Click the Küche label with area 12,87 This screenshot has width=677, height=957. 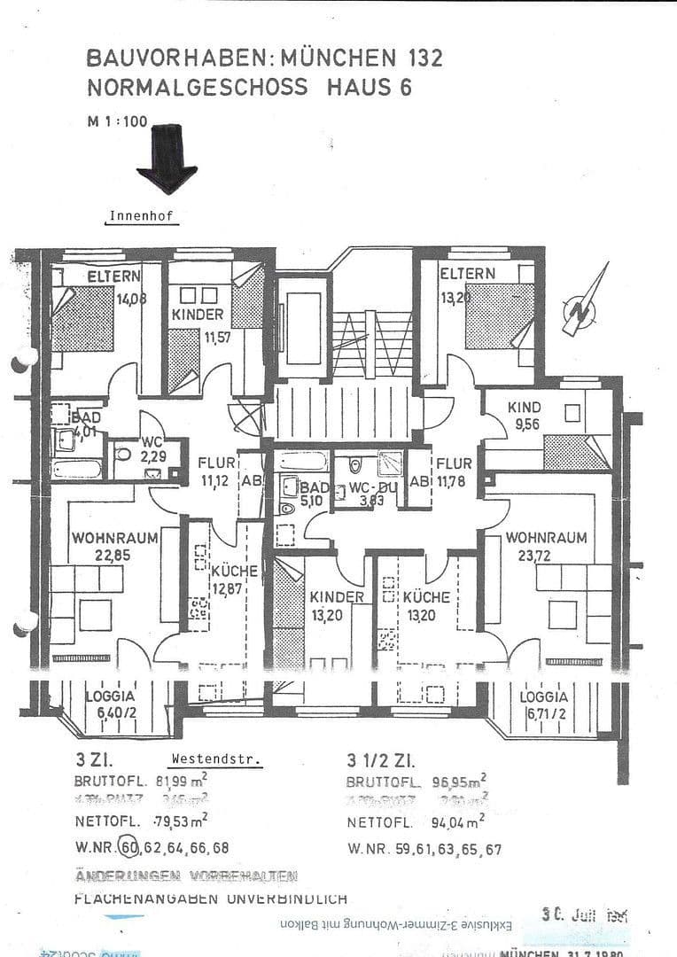pyautogui.click(x=235, y=572)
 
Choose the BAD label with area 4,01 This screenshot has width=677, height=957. pyautogui.click(x=87, y=417)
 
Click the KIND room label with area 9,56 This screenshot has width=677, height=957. pyautogui.click(x=524, y=407)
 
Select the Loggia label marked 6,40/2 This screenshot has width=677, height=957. pyautogui.click(x=111, y=696)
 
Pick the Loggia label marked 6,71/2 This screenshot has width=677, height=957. pyautogui.click(x=544, y=697)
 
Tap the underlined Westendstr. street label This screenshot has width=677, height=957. pyautogui.click(x=216, y=759)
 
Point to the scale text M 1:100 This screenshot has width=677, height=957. pyautogui.click(x=116, y=122)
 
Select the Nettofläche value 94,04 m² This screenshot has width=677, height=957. pyautogui.click(x=454, y=821)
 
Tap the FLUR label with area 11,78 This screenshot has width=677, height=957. pyautogui.click(x=453, y=464)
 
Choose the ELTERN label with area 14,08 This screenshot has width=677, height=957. pyautogui.click(x=113, y=276)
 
